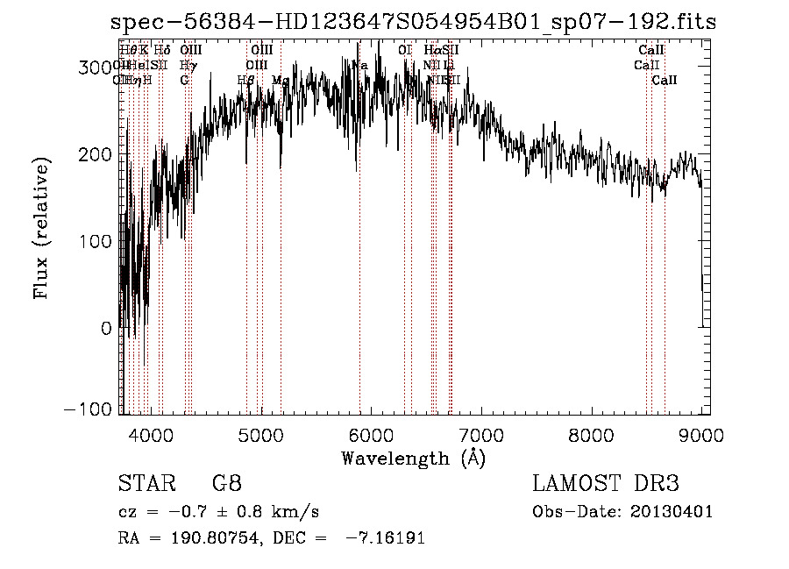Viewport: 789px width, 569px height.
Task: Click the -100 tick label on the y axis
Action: click(x=90, y=410)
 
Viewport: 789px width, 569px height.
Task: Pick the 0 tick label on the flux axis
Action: click(x=107, y=328)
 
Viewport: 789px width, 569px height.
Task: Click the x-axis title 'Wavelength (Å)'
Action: click(x=412, y=457)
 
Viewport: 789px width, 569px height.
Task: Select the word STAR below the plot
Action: click(x=140, y=484)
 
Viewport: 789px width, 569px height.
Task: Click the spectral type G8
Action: click(x=226, y=484)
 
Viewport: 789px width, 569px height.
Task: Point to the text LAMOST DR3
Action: click(x=605, y=484)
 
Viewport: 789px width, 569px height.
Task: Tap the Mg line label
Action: click(x=281, y=80)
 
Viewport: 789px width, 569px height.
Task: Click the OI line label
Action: click(x=404, y=51)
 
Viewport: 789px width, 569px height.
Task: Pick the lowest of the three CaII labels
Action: click(x=665, y=80)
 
